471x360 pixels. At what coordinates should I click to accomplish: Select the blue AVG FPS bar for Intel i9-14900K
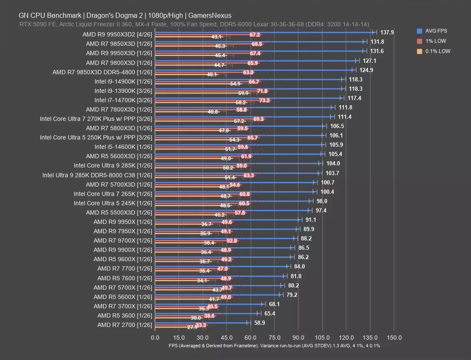coord(248,79)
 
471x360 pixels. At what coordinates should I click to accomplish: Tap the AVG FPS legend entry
coord(437,31)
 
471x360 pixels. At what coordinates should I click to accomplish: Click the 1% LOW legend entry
coord(435,41)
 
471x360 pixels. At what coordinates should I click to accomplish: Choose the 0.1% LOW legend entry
coord(437,51)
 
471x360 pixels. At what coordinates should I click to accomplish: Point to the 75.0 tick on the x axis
coord(274,337)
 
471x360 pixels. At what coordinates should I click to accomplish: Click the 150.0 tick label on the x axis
coord(394,337)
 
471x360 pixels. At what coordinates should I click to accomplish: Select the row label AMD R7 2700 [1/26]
coord(125,325)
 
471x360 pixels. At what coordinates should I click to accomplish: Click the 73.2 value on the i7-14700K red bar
coord(264,100)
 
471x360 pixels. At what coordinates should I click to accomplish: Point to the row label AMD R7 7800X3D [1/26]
coord(119,109)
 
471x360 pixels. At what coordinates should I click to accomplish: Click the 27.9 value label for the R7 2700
coord(192,327)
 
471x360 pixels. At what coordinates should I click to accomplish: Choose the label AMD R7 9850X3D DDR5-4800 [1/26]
coord(102,72)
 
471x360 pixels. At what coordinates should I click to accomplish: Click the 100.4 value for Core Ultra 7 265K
coord(327,192)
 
